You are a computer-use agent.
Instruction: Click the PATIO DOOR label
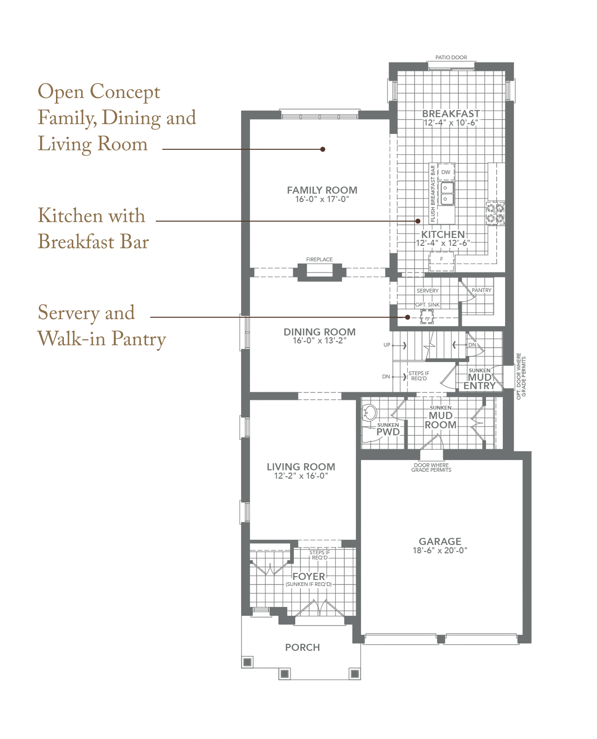(451, 57)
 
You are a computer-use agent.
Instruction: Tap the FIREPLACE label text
(319, 259)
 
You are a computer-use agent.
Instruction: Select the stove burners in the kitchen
(494, 213)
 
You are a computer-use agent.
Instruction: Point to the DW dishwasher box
(445, 172)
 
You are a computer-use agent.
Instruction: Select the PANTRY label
(481, 290)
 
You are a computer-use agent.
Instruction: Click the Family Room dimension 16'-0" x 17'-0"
(321, 199)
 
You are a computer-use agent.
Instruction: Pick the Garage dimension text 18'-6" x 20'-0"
(439, 550)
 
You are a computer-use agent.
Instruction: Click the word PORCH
(302, 648)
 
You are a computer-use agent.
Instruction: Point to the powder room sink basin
(369, 413)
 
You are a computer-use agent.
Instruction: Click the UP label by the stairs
(387, 345)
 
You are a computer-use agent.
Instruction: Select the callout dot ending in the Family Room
(322, 149)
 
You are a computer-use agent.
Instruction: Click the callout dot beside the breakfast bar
(417, 221)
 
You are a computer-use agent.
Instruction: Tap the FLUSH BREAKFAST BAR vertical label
(432, 193)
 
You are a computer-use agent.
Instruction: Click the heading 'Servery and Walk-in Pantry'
(101, 325)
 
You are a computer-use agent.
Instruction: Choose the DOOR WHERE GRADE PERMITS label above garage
(431, 467)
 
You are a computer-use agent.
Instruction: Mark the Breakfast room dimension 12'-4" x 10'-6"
(451, 123)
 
